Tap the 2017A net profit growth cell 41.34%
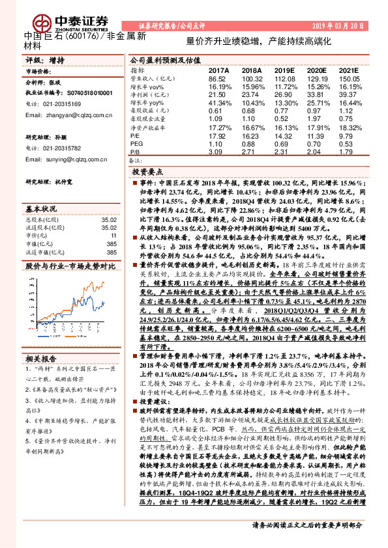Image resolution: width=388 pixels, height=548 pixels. coord(218,103)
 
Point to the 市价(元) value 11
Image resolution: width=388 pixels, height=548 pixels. coord(113,236)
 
